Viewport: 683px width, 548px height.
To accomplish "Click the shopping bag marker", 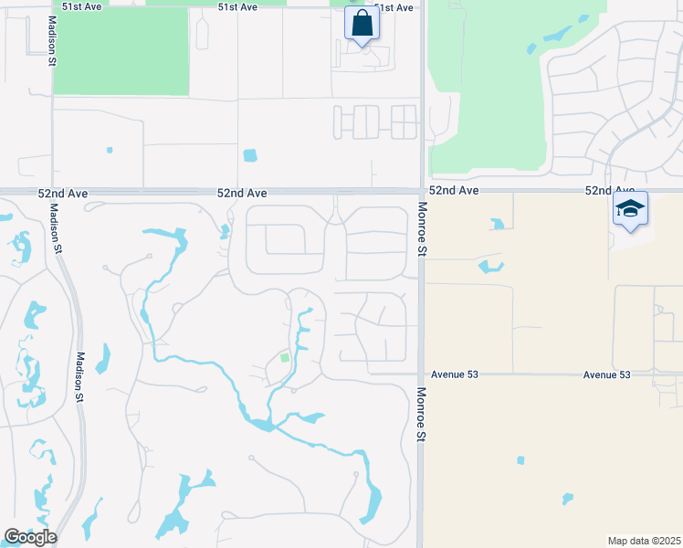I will pyautogui.click(x=362, y=24).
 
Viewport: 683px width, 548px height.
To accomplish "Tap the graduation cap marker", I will pyautogui.click(x=630, y=209).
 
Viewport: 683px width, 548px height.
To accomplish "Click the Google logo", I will pyautogui.click(x=30, y=536).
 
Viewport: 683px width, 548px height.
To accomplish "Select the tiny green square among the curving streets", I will pyautogui.click(x=284, y=358).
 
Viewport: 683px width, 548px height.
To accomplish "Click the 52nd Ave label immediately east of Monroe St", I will pyautogui.click(x=454, y=190).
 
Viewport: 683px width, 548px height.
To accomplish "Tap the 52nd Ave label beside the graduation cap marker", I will pyautogui.click(x=609, y=190).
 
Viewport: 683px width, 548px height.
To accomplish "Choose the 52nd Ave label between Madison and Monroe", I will pyautogui.click(x=242, y=194).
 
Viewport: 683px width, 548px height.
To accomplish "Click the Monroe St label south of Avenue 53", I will pyautogui.click(x=422, y=413).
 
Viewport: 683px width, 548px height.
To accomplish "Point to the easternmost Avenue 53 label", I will pyautogui.click(x=607, y=374).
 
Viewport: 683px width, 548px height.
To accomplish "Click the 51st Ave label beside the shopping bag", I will pyautogui.click(x=394, y=7).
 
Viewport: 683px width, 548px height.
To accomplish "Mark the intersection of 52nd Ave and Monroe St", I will pyautogui.click(x=422, y=191).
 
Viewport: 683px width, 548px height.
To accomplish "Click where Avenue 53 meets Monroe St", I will pyautogui.click(x=422, y=374).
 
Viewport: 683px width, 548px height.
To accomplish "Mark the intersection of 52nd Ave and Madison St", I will pyautogui.click(x=52, y=192).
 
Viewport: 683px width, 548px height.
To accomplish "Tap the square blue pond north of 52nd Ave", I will pyautogui.click(x=250, y=155).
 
